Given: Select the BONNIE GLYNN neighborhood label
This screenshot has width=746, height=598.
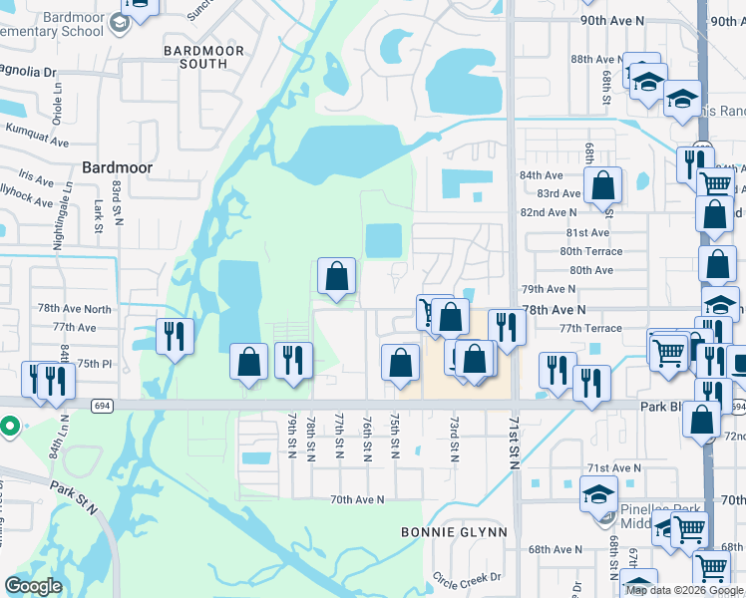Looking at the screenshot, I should (454, 532).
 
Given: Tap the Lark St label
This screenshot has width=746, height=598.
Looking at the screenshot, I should (99, 215).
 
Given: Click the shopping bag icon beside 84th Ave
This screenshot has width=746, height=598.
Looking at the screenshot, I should (602, 184).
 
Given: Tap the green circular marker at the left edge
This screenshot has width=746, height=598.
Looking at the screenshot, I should (10, 428).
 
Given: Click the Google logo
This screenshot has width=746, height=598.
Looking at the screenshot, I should (33, 585).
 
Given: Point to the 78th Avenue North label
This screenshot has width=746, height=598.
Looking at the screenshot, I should (75, 309).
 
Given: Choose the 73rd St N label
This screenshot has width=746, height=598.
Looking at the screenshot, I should (453, 439).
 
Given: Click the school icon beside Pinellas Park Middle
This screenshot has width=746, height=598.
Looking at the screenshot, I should (598, 493).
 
